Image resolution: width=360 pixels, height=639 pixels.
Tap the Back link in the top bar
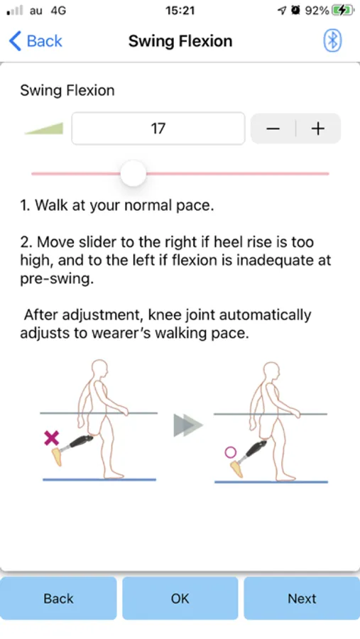click(x=36, y=41)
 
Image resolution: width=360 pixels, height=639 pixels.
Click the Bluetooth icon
click(x=332, y=40)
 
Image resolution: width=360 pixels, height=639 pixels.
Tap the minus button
click(x=273, y=129)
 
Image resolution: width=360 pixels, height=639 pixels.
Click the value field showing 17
click(x=158, y=129)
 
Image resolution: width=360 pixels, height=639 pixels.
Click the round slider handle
click(x=133, y=174)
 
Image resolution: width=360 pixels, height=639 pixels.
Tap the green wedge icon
click(x=44, y=129)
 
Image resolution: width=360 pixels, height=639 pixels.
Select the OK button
click(x=180, y=599)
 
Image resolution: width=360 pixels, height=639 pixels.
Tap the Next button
click(x=302, y=599)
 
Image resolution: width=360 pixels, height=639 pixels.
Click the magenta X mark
click(x=51, y=438)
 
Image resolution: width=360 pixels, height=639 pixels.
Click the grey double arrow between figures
click(x=188, y=425)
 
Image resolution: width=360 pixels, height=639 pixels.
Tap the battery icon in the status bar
click(x=343, y=11)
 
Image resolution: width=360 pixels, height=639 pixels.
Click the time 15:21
click(x=180, y=11)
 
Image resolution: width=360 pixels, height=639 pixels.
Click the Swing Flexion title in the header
click(x=180, y=41)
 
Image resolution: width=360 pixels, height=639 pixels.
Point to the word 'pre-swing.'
click(x=57, y=278)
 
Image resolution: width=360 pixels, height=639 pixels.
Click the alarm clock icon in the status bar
click(x=295, y=11)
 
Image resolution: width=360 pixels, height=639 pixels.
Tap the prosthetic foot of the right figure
click(x=237, y=469)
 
